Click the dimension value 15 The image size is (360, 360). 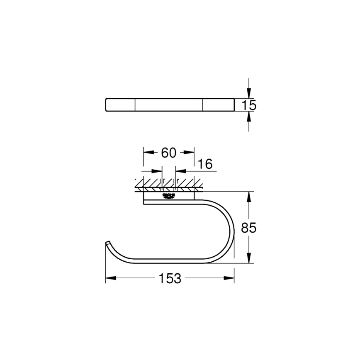coord(249,105)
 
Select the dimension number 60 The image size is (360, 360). coord(168,153)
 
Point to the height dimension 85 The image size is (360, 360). coord(249,227)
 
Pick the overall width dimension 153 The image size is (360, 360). coord(170,278)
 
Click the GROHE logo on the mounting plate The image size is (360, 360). coord(168,195)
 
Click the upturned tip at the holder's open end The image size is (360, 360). coord(107,243)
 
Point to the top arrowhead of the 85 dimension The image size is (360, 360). coord(248,195)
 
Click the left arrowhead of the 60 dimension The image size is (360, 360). coord(146,153)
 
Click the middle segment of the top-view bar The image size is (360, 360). coord(169,105)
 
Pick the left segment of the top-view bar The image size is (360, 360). coord(120,105)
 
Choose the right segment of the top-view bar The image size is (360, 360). coord(218,105)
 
